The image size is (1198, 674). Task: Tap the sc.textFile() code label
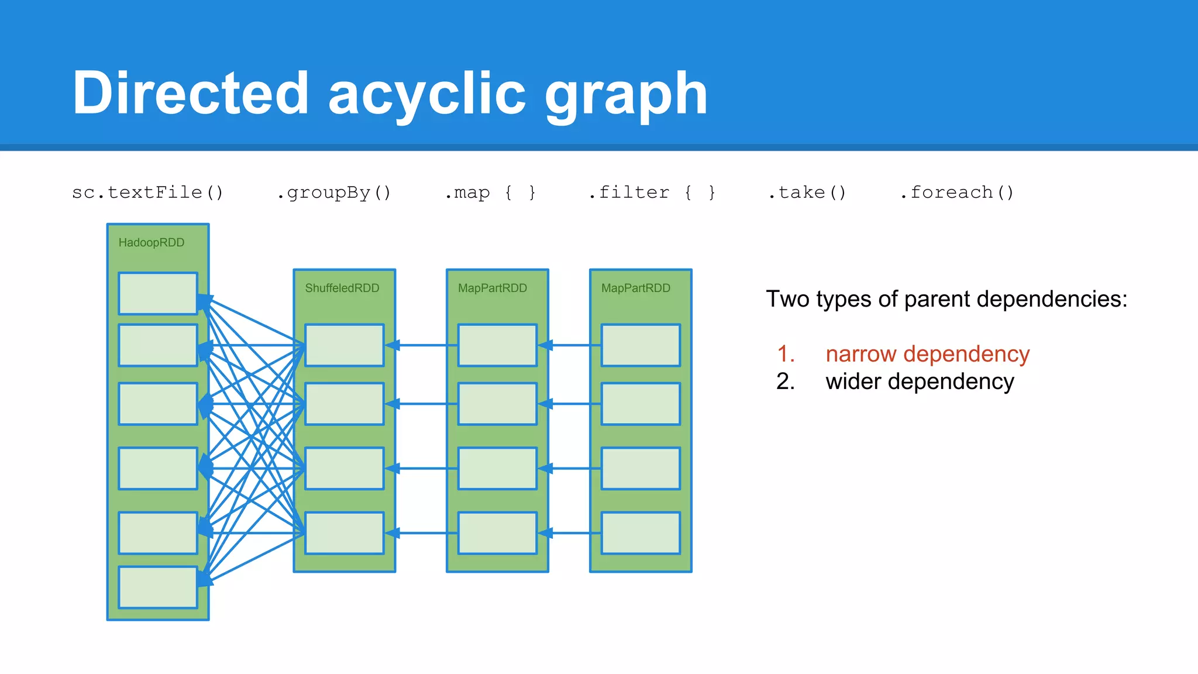pyautogui.click(x=148, y=192)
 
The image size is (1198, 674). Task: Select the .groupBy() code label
pyautogui.click(x=334, y=192)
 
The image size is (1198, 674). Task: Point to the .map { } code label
pyautogui.click(x=490, y=192)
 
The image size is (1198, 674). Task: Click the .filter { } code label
pyautogui.click(x=652, y=192)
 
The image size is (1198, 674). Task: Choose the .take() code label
pyautogui.click(x=807, y=192)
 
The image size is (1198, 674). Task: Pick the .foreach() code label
pyautogui.click(x=957, y=192)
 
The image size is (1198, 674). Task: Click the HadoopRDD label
pyautogui.click(x=152, y=243)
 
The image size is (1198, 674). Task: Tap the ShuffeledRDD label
pyautogui.click(x=342, y=288)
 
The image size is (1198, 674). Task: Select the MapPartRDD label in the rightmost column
pyautogui.click(x=636, y=288)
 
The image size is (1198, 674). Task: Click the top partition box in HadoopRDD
pyautogui.click(x=158, y=294)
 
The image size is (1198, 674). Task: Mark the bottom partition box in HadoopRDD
pyautogui.click(x=158, y=587)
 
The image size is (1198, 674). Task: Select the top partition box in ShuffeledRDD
pyautogui.click(x=345, y=345)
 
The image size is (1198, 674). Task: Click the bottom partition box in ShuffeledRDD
pyautogui.click(x=345, y=533)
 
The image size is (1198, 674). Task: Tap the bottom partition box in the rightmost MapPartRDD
pyautogui.click(x=641, y=533)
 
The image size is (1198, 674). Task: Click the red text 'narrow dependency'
pyautogui.click(x=927, y=354)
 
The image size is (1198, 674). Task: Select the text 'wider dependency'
pyautogui.click(x=920, y=381)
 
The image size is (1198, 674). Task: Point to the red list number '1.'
pyautogui.click(x=786, y=354)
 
